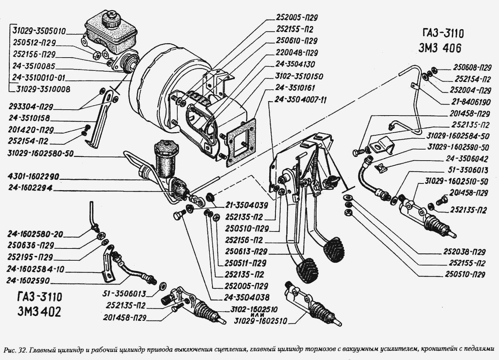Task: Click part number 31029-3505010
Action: [40, 31]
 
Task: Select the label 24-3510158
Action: [29, 118]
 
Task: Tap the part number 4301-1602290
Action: [33, 177]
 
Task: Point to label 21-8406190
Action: [470, 102]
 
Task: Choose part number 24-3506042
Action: [467, 159]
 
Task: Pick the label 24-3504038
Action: [247, 298]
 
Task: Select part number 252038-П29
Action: [464, 252]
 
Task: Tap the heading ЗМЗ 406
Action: [440, 48]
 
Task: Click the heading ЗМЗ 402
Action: [39, 312]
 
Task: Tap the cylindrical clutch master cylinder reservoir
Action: [166, 158]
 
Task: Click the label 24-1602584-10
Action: [35, 269]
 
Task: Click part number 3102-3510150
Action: [299, 76]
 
